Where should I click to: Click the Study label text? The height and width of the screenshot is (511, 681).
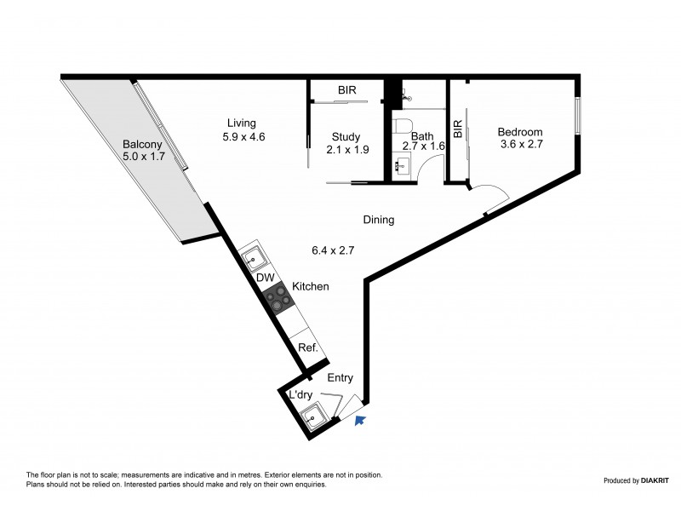tap(346, 136)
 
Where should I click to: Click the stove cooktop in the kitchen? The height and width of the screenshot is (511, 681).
tap(277, 298)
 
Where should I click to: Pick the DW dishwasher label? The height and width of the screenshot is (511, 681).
tap(265, 278)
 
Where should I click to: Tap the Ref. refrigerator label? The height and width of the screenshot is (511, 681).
tap(307, 347)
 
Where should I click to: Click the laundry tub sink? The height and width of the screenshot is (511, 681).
tap(313, 416)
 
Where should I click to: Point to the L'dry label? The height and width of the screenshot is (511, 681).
tap(300, 394)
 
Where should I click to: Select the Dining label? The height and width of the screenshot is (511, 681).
tap(378, 220)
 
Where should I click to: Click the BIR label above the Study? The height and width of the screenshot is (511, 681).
tap(346, 89)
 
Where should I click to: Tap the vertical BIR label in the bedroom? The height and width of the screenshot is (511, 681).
tap(458, 129)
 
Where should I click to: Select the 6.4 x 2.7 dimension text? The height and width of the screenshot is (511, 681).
tap(332, 250)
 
